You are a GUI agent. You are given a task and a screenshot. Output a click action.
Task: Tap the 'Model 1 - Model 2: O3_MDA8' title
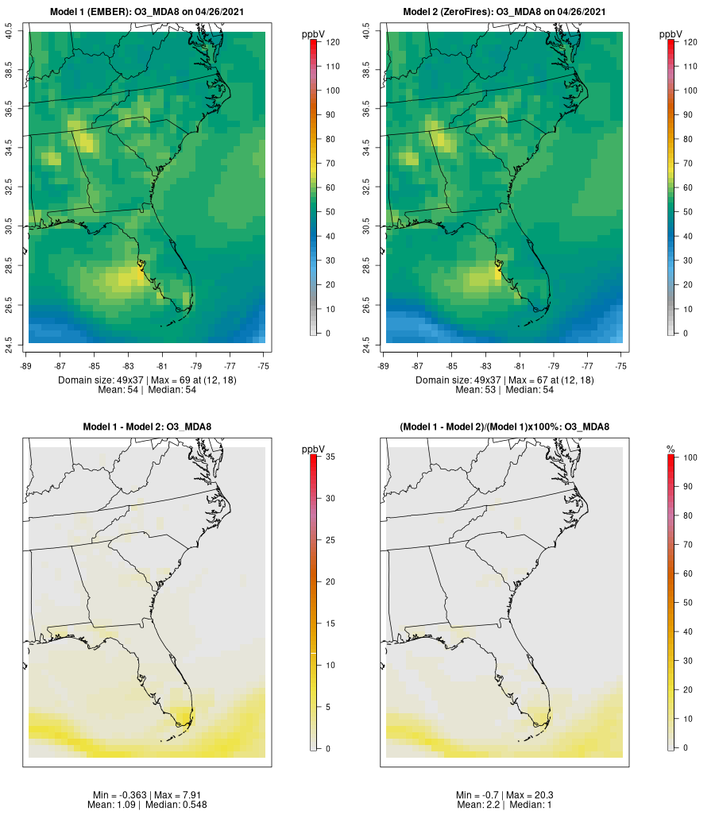(x=147, y=427)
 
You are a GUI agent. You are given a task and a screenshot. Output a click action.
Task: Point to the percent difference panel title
(x=504, y=427)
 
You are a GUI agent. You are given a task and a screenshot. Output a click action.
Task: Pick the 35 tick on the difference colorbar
(x=329, y=457)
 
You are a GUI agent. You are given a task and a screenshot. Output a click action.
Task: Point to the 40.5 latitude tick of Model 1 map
(x=9, y=32)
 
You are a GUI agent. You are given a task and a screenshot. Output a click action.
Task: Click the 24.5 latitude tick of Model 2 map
(x=366, y=343)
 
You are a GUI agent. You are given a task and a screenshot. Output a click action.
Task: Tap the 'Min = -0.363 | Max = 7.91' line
(x=147, y=795)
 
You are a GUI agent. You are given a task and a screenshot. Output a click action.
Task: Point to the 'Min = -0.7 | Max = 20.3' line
(x=504, y=795)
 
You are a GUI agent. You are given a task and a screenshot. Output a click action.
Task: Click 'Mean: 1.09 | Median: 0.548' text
(x=147, y=805)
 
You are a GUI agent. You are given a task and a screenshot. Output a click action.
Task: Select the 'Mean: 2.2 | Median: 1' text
(x=504, y=805)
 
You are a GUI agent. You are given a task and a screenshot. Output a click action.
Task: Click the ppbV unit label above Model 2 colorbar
(x=671, y=34)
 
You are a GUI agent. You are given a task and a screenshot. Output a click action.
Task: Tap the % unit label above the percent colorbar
(x=671, y=450)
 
